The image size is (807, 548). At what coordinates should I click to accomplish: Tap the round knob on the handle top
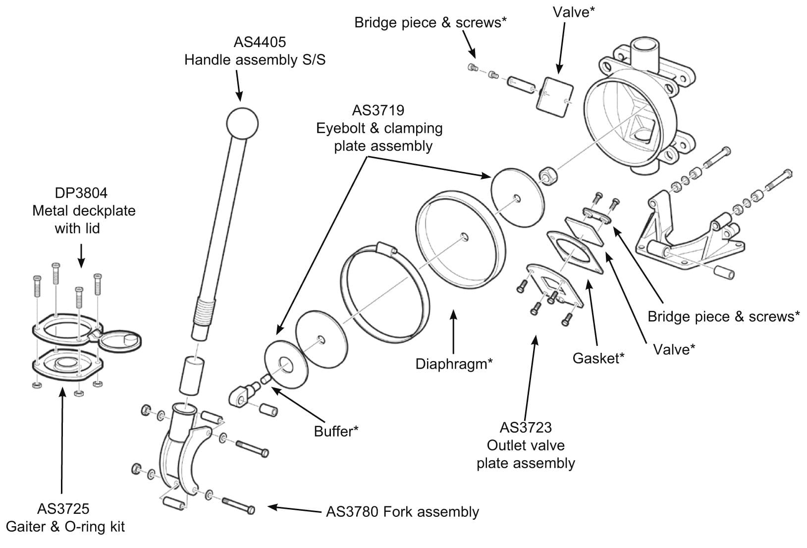tap(242, 122)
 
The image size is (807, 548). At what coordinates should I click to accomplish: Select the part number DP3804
tap(84, 192)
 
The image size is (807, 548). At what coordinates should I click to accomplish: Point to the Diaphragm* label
tap(454, 364)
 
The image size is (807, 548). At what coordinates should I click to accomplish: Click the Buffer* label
tap(336, 431)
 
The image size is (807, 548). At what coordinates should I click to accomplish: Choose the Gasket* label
tap(598, 358)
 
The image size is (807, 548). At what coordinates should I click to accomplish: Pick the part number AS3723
tap(526, 427)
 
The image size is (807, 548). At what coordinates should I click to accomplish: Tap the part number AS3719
tap(378, 110)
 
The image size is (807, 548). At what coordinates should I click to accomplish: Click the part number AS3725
tap(63, 508)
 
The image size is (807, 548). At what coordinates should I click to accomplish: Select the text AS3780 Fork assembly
tap(402, 511)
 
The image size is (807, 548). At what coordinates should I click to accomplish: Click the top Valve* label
tap(573, 12)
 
